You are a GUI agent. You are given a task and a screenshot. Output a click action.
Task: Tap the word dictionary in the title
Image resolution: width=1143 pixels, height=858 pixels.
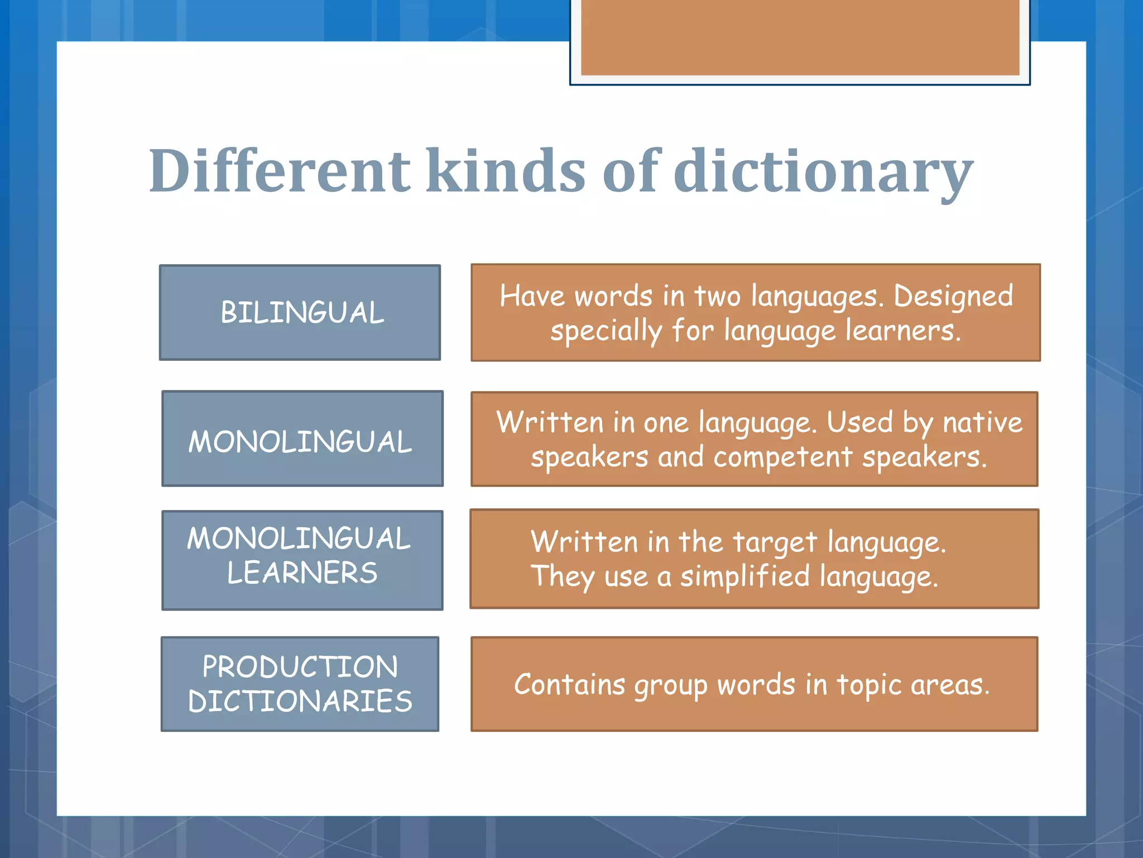click(824, 171)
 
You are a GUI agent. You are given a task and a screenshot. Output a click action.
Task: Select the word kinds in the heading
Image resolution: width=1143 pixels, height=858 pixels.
click(506, 171)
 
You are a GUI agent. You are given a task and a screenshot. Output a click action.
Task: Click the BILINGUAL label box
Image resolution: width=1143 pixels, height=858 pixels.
click(300, 312)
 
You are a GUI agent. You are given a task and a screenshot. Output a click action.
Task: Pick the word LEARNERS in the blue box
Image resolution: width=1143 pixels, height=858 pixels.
click(302, 573)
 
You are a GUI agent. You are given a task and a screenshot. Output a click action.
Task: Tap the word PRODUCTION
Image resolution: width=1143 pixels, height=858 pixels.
click(300, 667)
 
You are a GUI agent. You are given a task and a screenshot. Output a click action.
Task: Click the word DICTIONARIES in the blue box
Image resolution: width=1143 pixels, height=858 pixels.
click(300, 702)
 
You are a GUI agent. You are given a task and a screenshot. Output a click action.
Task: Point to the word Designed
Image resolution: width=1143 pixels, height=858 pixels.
click(953, 296)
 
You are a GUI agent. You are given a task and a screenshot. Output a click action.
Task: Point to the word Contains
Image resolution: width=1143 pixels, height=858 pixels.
click(569, 685)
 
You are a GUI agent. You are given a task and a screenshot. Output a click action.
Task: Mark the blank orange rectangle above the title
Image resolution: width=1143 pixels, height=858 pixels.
click(800, 37)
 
